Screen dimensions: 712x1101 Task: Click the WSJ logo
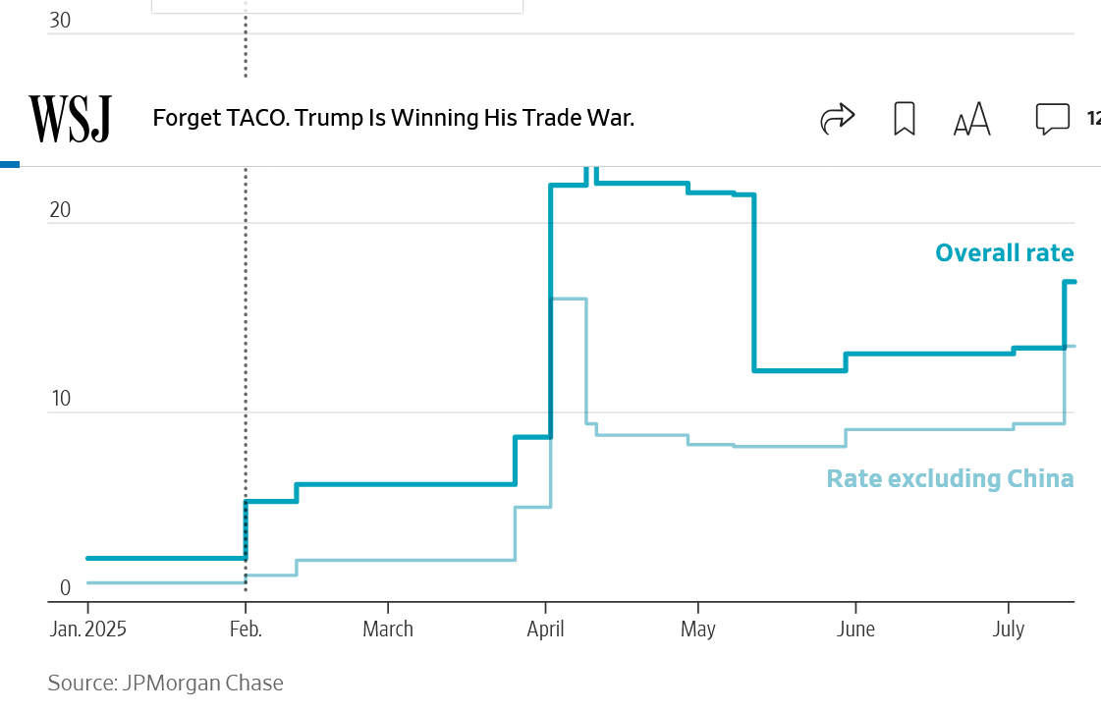[x=70, y=119]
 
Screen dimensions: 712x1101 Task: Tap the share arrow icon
[x=838, y=119]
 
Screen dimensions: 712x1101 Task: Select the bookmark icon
[x=905, y=119]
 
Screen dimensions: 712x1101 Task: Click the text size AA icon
[x=972, y=120]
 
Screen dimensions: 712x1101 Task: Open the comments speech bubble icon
[x=1052, y=119]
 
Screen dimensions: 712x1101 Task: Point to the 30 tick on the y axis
[x=60, y=21]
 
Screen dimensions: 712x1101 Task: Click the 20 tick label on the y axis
[x=60, y=210]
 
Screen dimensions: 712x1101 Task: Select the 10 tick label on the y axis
[x=60, y=399]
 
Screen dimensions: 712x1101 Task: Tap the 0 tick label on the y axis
[x=66, y=588]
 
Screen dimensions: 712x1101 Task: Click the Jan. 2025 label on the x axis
[x=87, y=630]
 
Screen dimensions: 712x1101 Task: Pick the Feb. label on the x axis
[x=246, y=630]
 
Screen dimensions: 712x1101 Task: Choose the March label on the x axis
[x=388, y=630]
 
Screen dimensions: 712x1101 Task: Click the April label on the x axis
[x=546, y=630]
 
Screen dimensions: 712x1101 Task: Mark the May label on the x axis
[x=698, y=630]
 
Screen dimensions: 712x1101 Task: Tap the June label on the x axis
[x=855, y=630]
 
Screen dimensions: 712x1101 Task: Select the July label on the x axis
[x=1009, y=630]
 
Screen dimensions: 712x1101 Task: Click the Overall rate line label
[x=1004, y=253]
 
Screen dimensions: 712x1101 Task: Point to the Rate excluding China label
[x=950, y=479]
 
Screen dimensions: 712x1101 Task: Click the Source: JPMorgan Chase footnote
[x=165, y=684]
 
